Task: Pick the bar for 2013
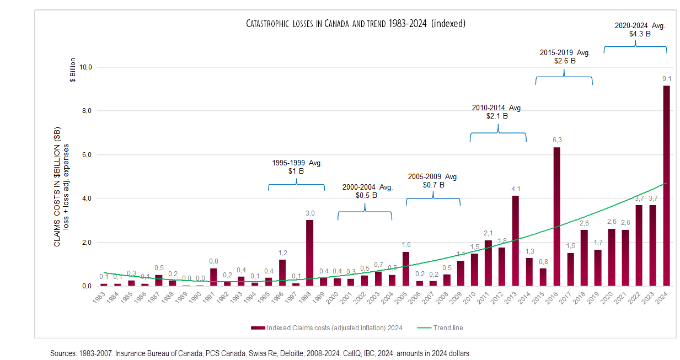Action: tap(515, 241)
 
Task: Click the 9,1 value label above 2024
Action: tap(666, 79)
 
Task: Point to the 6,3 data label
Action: tap(556, 141)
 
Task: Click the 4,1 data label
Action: tap(515, 189)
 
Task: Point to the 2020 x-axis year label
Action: tap(609, 298)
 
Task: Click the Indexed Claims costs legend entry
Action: tap(326, 328)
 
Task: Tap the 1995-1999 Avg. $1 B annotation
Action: tap(296, 167)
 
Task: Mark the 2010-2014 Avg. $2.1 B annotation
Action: tap(497, 112)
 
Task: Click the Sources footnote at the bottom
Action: tap(260, 353)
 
